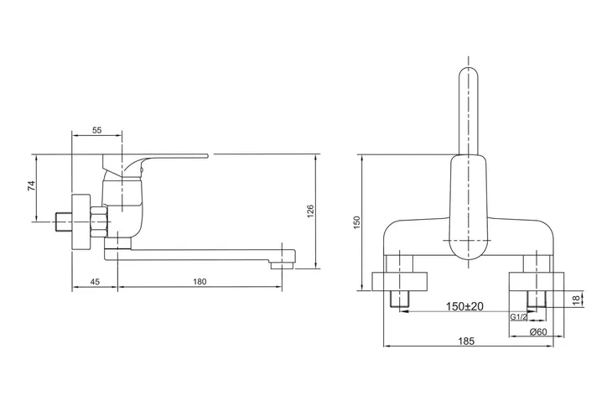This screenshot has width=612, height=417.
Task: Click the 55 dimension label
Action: tap(96, 130)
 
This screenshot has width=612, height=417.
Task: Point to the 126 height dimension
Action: tap(310, 211)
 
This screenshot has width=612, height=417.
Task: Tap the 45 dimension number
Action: tap(95, 282)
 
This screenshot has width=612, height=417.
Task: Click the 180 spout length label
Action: tap(200, 282)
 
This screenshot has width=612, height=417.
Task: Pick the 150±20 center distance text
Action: tap(464, 306)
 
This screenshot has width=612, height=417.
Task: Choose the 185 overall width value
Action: tap(466, 341)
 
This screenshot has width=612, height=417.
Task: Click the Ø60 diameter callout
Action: tap(538, 332)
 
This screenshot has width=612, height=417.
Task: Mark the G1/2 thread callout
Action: tap(519, 317)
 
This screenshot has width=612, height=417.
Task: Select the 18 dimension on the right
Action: tap(577, 300)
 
